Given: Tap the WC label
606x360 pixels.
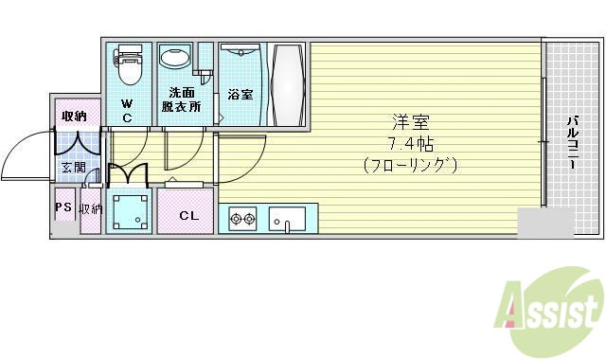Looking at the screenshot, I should pyautogui.click(x=126, y=111).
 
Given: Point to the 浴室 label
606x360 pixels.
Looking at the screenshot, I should pyautogui.click(x=240, y=95).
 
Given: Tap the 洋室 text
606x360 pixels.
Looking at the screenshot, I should pyautogui.click(x=408, y=122).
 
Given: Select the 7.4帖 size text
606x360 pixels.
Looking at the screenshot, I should pyautogui.click(x=409, y=143).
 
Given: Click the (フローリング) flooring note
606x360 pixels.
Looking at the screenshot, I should pyautogui.click(x=409, y=165).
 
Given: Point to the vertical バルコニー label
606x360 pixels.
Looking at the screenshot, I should pyautogui.click(x=573, y=143).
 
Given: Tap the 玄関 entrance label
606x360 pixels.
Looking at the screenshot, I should pyautogui.click(x=72, y=168).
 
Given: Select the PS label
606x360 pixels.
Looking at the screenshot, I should pyautogui.click(x=63, y=208).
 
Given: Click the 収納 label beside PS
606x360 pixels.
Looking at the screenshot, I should pyautogui.click(x=91, y=209).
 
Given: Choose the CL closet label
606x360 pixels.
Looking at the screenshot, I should pyautogui.click(x=188, y=215).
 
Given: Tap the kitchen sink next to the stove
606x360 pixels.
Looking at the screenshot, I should pyautogui.click(x=286, y=219).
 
